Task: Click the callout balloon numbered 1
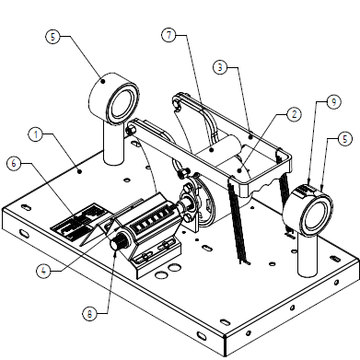pos(36,134)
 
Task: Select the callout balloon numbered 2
pos(294,114)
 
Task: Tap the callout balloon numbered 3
pos(220,67)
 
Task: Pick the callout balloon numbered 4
pos(44,271)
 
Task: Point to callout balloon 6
pos(14,163)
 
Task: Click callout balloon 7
pos(169,35)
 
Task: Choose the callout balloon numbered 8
pos(89,314)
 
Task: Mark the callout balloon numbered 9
pos(333,101)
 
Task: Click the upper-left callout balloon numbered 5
pos(53,37)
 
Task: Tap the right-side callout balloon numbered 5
pos(345,139)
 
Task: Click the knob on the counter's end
pos(118,243)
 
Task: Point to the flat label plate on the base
pos(80,221)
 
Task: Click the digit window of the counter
pos(151,220)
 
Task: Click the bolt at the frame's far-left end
pos(130,130)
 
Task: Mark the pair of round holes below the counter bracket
pos(168,271)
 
